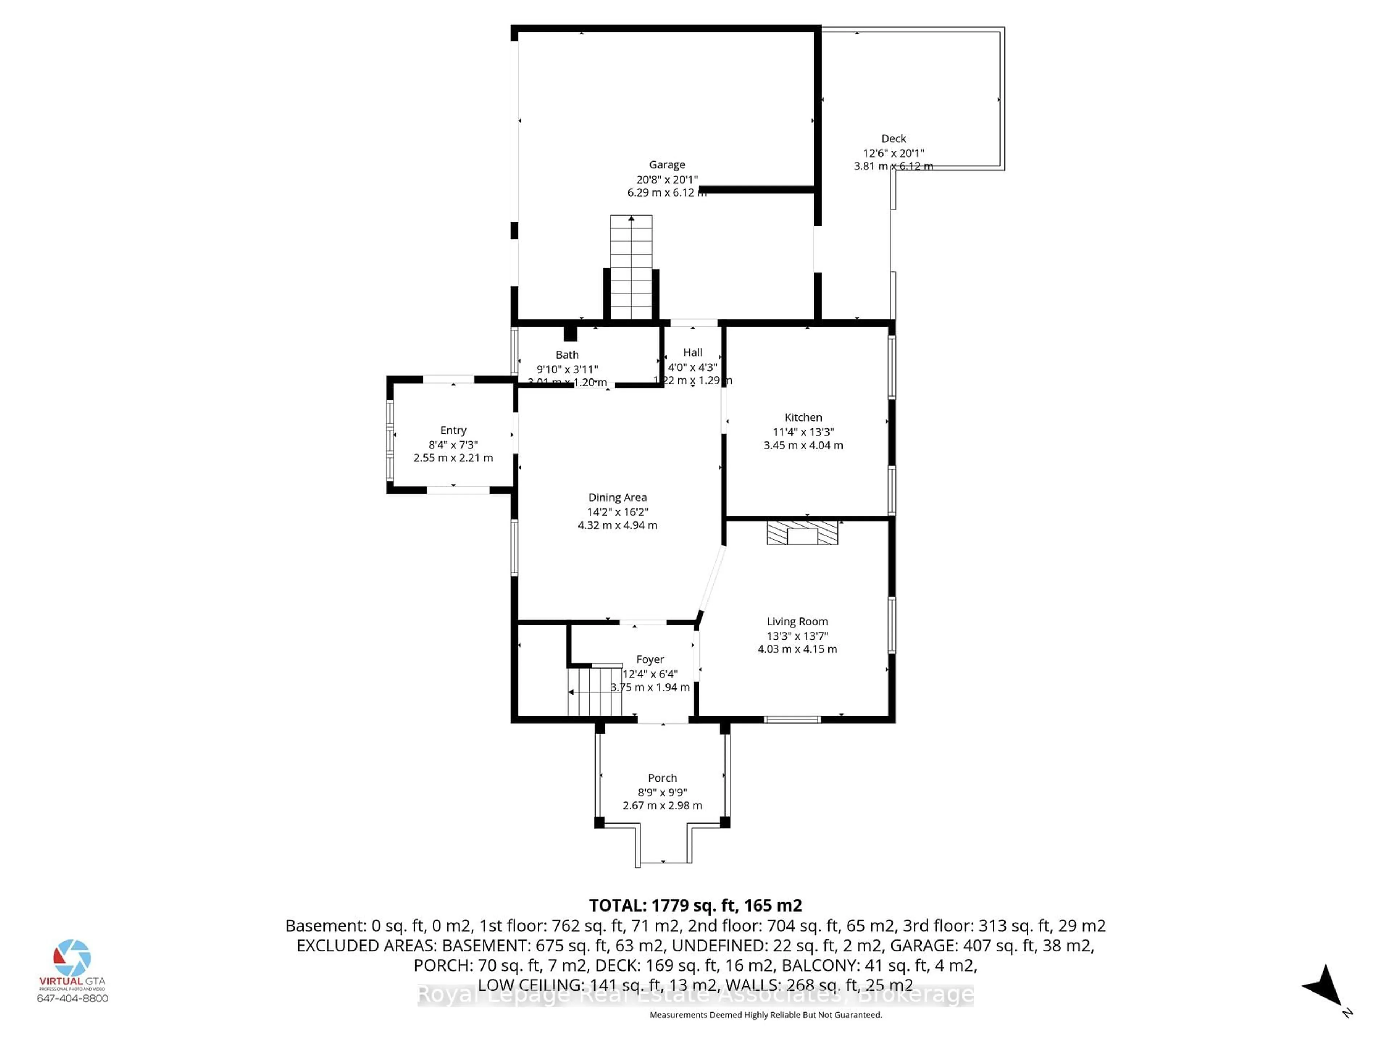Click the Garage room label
pos(667,165)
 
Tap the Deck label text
pos(893,138)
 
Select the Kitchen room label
pos(803,418)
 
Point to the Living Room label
pos(797,621)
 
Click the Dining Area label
pos(617,497)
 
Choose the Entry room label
pos(453,430)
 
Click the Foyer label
pos(649,659)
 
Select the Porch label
pos(662,778)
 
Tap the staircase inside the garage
pos(631,267)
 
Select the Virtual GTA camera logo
pos(72,958)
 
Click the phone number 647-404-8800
pos(72,998)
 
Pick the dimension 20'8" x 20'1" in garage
pos(667,179)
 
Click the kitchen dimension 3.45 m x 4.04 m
pos(803,445)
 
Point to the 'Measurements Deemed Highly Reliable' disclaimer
pos(765,1015)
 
